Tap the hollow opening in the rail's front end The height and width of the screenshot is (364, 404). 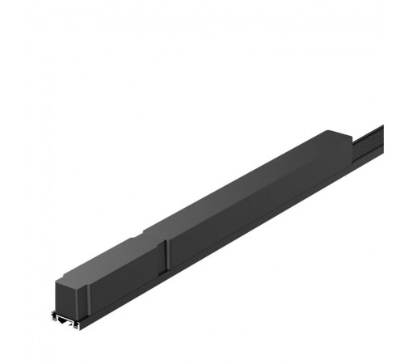(66, 320)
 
